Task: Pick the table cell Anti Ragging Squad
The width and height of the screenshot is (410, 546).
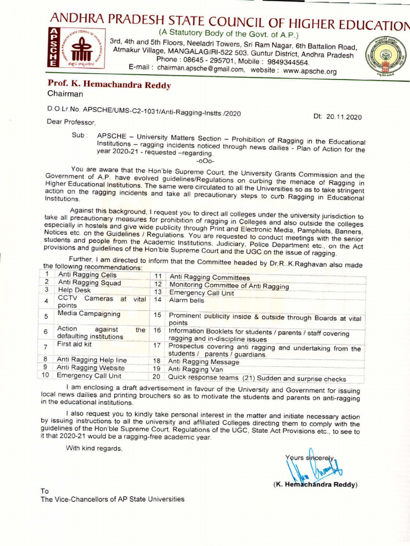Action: (x=89, y=283)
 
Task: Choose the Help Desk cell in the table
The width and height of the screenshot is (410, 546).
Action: (x=74, y=290)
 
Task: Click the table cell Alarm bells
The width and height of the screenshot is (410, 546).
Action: (x=183, y=300)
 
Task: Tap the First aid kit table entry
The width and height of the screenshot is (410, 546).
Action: (x=74, y=346)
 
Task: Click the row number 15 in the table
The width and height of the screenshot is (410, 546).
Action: (x=157, y=315)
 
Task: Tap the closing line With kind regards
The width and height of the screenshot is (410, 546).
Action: (x=94, y=448)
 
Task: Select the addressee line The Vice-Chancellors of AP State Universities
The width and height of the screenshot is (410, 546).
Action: (x=113, y=499)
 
